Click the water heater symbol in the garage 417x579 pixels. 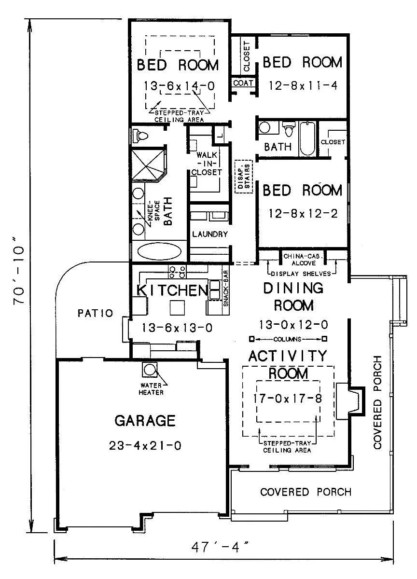pyautogui.click(x=150, y=370)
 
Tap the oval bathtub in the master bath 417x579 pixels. pyautogui.click(x=159, y=251)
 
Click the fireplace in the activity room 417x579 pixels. pyautogui.click(x=350, y=401)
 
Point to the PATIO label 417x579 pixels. pyautogui.click(x=96, y=313)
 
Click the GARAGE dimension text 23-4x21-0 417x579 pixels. pyautogui.click(x=145, y=446)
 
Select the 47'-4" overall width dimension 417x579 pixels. pyautogui.click(x=220, y=547)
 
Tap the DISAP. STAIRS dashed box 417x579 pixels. pyautogui.click(x=244, y=176)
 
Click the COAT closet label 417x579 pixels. pyautogui.click(x=243, y=83)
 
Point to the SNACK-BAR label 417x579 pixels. pyautogui.click(x=226, y=289)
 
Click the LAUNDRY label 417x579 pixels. pyautogui.click(x=210, y=234)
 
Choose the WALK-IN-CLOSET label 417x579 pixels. pyautogui.click(x=206, y=164)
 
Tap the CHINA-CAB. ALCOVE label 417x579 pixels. pyautogui.click(x=303, y=260)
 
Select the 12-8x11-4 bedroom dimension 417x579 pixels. pyautogui.click(x=303, y=85)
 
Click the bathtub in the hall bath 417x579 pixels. pyautogui.click(x=308, y=138)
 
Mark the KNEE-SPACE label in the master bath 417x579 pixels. pyautogui.click(x=153, y=211)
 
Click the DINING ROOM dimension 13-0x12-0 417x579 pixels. pyautogui.click(x=293, y=324)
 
